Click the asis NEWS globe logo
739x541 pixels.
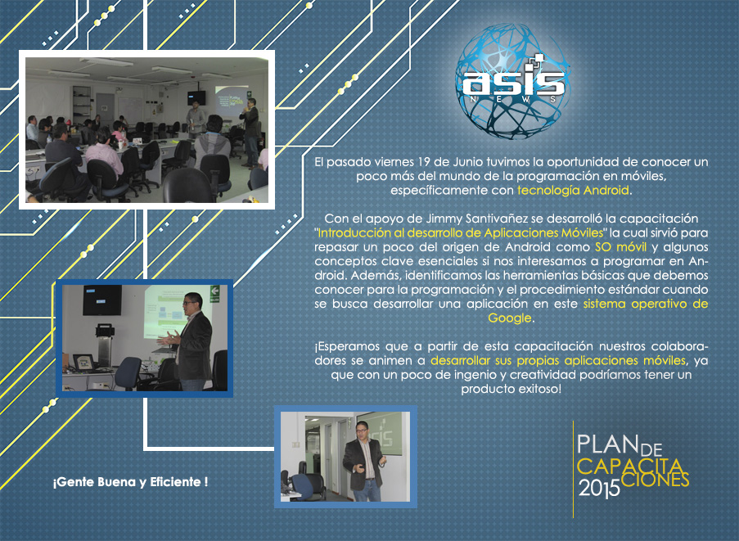pyautogui.click(x=513, y=81)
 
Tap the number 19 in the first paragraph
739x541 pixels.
pyautogui.click(x=423, y=162)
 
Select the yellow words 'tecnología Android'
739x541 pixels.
pyautogui.click(x=573, y=191)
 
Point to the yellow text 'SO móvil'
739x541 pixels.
pyautogui.click(x=620, y=247)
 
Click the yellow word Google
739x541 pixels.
pyautogui.click(x=510, y=318)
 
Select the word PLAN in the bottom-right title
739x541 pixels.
pyautogui.click(x=607, y=444)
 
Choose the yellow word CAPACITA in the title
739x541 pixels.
pyautogui.click(x=630, y=467)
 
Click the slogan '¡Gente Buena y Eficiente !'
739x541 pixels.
pyautogui.click(x=130, y=482)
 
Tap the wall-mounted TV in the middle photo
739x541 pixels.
pyautogui.click(x=102, y=300)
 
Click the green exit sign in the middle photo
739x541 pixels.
pyautogui.click(x=214, y=293)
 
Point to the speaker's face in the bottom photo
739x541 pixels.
pyautogui.click(x=362, y=430)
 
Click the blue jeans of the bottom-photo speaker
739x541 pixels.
pyautogui.click(x=367, y=490)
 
